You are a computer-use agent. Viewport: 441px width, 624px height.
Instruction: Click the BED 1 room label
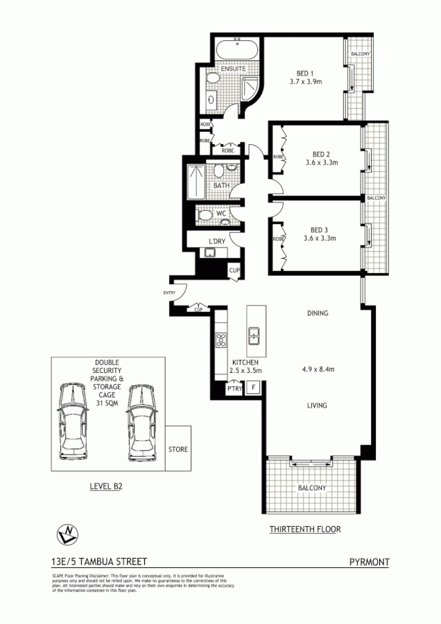[302, 73]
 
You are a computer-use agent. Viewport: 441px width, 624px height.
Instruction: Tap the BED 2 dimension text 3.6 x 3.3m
[320, 163]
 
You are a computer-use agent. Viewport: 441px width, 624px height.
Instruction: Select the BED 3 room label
[319, 229]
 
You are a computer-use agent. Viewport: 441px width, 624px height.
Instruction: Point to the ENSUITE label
[234, 70]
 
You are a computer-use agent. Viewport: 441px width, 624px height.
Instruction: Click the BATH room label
[221, 186]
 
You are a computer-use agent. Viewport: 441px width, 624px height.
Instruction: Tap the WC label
[222, 214]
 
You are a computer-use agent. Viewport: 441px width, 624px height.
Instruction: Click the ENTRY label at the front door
[169, 293]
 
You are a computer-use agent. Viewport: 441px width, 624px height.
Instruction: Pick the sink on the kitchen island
[254, 338]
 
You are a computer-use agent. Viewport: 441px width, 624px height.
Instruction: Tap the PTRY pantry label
[234, 390]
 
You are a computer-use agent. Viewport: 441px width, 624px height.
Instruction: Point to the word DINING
[318, 313]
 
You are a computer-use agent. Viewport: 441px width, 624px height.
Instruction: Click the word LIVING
[318, 405]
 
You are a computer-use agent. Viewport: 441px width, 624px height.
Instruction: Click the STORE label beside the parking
[178, 449]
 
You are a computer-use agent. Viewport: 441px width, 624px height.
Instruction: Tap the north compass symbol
[67, 534]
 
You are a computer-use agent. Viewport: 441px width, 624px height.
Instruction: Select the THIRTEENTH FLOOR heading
[305, 530]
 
